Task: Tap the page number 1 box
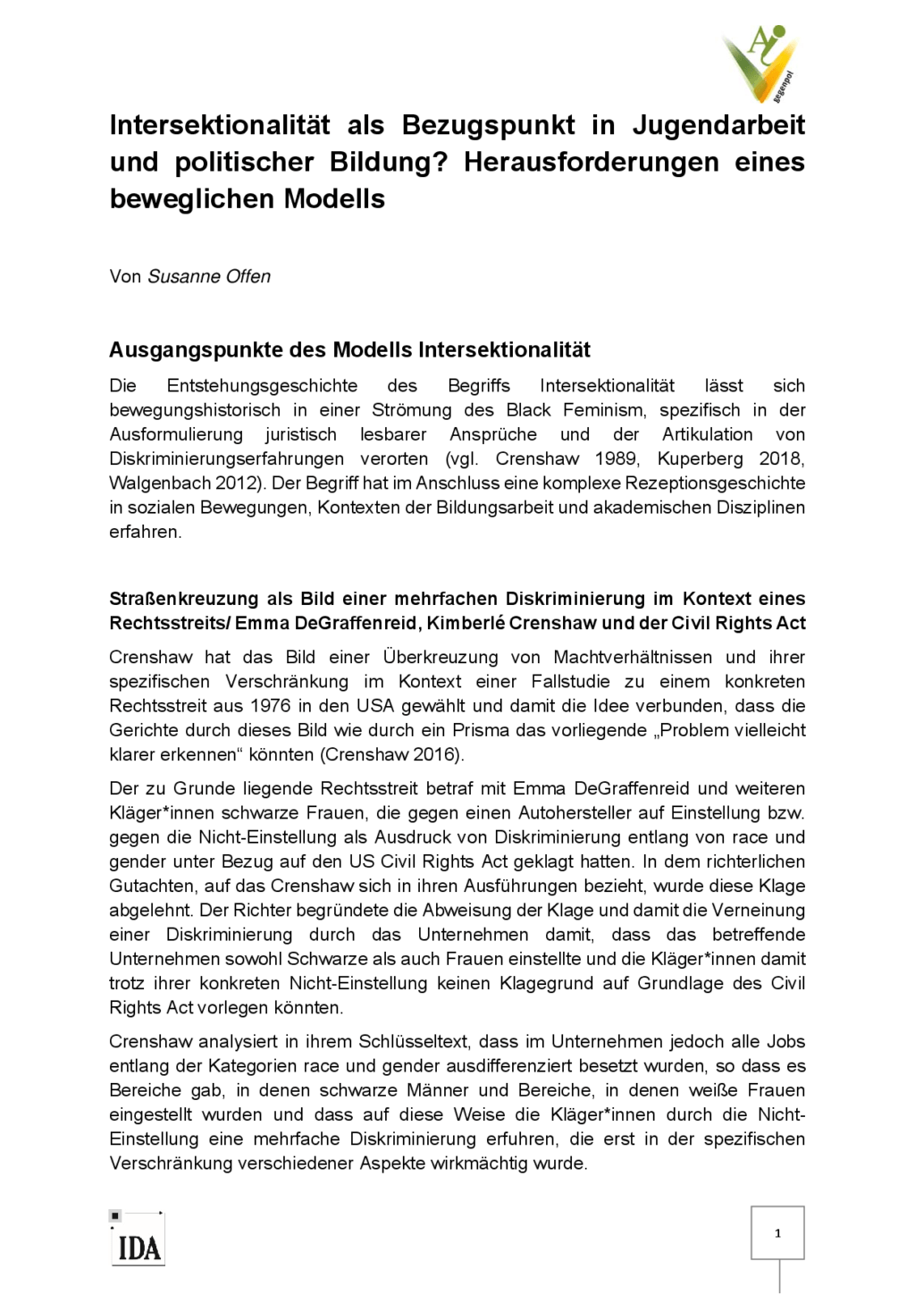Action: pyautogui.click(x=777, y=1232)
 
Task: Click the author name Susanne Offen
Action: pyautogui.click(x=209, y=277)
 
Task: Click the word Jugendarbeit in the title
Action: pyautogui.click(x=718, y=125)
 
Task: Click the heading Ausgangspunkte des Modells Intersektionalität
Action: pyautogui.click(x=349, y=349)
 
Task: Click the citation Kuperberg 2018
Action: pyautogui.click(x=730, y=459)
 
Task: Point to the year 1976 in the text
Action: pyautogui.click(x=270, y=706)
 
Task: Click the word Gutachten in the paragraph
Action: pyautogui.click(x=152, y=886)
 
